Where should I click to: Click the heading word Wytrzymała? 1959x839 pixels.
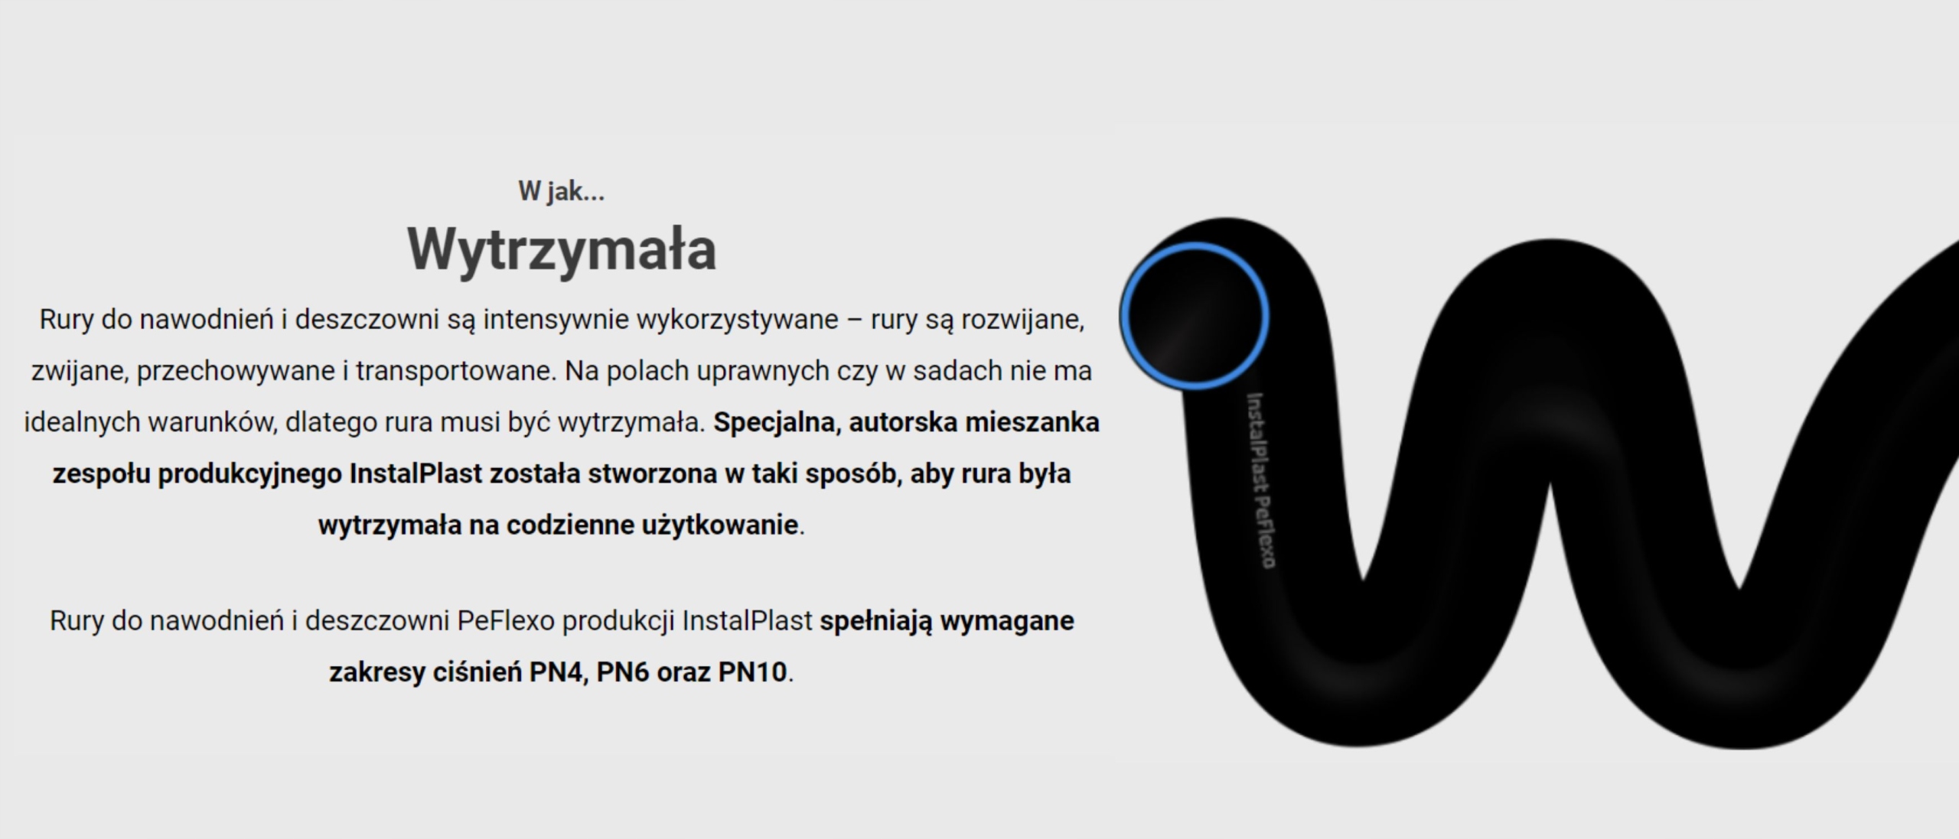click(562, 249)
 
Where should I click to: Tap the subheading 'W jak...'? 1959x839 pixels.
click(562, 190)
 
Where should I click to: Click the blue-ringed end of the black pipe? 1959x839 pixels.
click(1194, 315)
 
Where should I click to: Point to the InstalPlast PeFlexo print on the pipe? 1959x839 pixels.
click(1261, 480)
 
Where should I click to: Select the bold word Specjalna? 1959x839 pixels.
click(777, 423)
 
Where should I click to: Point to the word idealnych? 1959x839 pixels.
click(82, 422)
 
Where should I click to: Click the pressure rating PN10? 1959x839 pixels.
click(752, 672)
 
